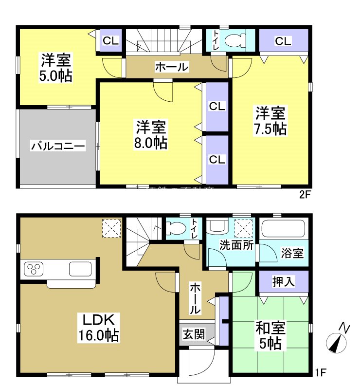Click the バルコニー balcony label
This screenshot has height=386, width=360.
click(58, 145)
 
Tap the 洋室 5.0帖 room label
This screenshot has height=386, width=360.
click(56, 68)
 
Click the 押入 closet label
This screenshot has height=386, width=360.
click(284, 281)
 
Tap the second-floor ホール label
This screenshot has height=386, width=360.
click(171, 67)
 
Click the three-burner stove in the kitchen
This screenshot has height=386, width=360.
click(35, 269)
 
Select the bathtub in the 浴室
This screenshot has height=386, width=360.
click(283, 229)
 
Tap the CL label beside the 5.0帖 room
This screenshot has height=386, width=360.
click(111, 41)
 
